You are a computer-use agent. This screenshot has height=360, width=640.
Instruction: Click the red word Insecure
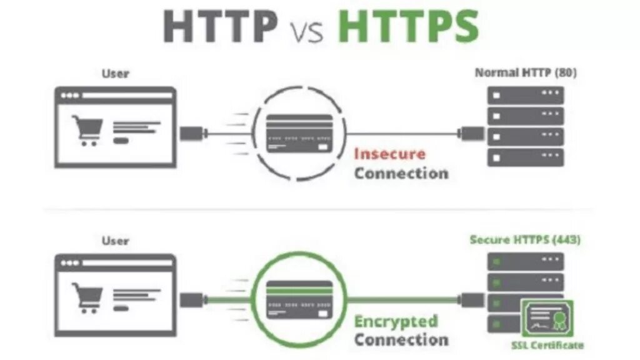(x=389, y=154)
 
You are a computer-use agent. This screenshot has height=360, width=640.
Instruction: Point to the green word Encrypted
(x=396, y=322)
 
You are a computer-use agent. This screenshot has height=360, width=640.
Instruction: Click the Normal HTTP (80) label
(x=526, y=72)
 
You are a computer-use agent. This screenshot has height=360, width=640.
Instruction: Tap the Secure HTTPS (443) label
(x=526, y=240)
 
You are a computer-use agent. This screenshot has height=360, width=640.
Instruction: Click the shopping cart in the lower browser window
(x=87, y=297)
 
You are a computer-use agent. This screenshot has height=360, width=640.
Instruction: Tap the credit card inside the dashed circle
(x=298, y=132)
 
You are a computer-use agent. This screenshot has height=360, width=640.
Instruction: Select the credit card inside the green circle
(x=298, y=299)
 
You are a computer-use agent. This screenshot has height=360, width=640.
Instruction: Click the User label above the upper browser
(x=116, y=73)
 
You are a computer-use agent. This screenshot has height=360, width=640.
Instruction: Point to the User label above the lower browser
(x=116, y=240)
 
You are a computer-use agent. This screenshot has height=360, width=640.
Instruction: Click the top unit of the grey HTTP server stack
(x=526, y=95)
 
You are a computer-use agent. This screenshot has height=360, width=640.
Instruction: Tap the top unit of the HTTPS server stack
(x=526, y=261)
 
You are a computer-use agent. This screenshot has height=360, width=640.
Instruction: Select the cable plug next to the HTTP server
(x=472, y=132)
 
